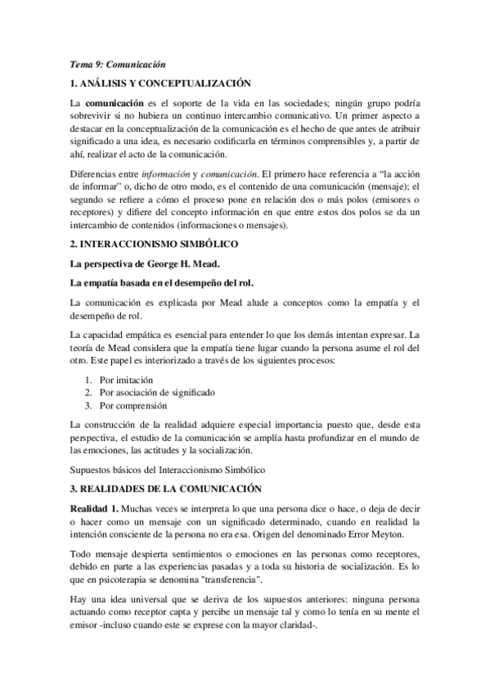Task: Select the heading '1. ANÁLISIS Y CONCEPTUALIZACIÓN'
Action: [160, 83]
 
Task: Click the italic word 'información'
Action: [167, 173]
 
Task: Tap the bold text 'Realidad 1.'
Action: [96, 509]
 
